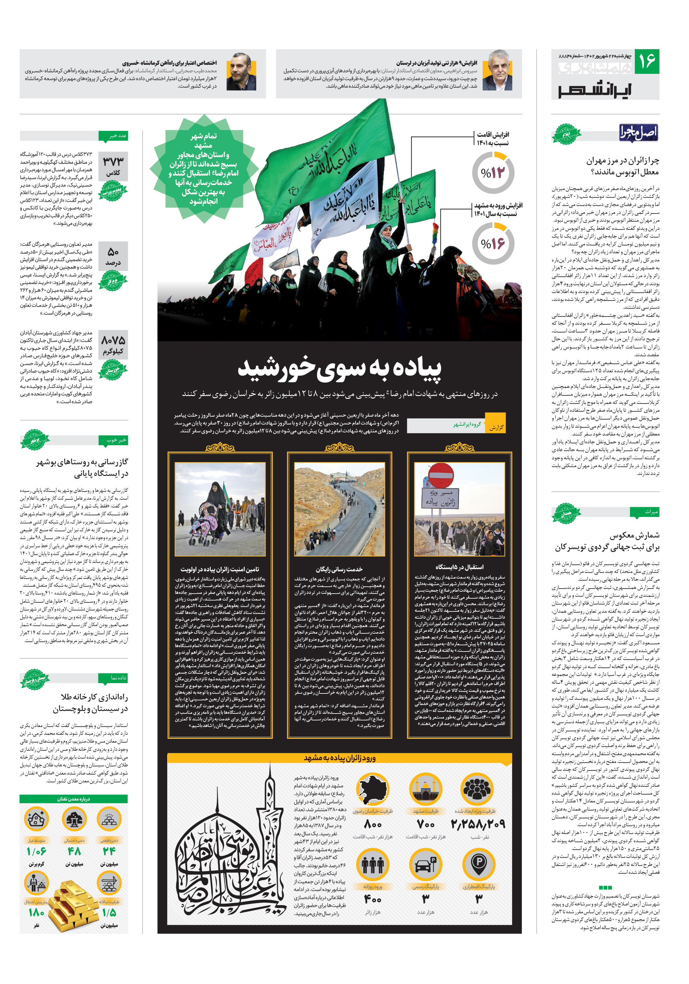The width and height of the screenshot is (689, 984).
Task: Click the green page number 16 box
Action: pos(646,61)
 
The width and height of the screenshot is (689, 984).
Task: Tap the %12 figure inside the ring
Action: pos(493,173)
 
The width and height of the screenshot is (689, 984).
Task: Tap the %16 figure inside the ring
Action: pos(493,244)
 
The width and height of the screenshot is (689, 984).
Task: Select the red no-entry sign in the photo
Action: pos(440,475)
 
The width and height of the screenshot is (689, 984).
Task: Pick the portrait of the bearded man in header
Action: pos(241,72)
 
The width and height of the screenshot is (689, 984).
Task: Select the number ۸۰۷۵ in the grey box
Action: pos(113,340)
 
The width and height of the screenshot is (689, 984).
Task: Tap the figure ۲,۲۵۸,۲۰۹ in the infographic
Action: pos(478,824)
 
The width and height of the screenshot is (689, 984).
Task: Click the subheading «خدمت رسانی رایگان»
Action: pos(339,569)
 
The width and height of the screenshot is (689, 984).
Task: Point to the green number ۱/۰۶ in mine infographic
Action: pos(36,851)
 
